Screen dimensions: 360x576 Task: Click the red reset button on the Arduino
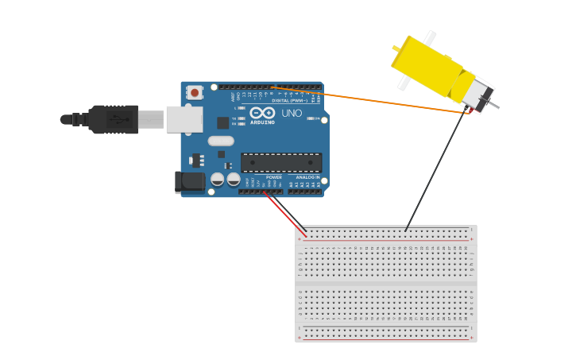(195, 93)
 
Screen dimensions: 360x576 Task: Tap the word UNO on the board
(292, 114)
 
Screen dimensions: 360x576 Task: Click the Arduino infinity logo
(262, 113)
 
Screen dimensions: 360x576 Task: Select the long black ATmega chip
(281, 162)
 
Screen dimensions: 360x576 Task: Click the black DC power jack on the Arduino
(190, 182)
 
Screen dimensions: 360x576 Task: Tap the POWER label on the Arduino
(274, 177)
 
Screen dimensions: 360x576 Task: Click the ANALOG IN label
(308, 177)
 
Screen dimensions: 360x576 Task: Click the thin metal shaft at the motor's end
(494, 105)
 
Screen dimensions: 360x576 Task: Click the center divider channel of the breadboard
(386, 282)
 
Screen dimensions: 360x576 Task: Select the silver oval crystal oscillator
(221, 141)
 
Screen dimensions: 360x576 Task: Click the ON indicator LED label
(315, 118)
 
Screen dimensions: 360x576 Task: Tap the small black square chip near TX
(223, 122)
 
